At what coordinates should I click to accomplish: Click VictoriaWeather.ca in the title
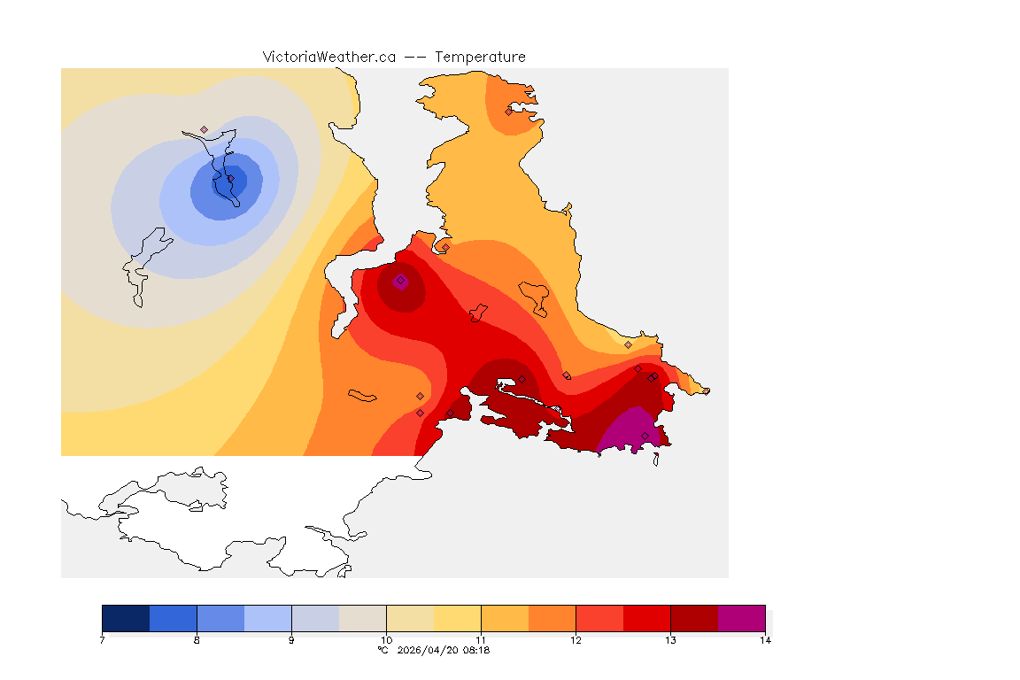pos(328,57)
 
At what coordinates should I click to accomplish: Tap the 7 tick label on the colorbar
pos(103,640)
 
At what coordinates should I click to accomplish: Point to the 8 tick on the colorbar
pos(197,640)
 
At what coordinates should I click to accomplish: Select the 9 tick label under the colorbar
pos(291,640)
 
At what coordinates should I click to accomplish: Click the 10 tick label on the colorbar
pos(386,640)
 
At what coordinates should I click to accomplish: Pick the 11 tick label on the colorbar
pos(481,640)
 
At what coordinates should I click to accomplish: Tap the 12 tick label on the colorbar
pos(576,640)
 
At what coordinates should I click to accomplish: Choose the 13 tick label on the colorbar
pos(670,640)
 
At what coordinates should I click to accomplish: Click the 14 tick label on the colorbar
pos(764,640)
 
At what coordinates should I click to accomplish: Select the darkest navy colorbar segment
pos(126,617)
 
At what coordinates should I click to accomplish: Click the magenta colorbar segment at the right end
pos(741,617)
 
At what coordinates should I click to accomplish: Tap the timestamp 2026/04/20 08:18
pos(441,650)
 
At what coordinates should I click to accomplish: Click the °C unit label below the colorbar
pos(383,650)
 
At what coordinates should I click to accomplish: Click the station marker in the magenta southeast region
pos(645,436)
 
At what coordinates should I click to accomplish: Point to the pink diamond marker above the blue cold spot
pos(204,129)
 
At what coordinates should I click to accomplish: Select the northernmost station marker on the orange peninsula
pos(508,112)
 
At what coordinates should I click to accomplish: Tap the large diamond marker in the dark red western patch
pos(400,281)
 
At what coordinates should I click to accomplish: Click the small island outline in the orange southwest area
pos(363,396)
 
